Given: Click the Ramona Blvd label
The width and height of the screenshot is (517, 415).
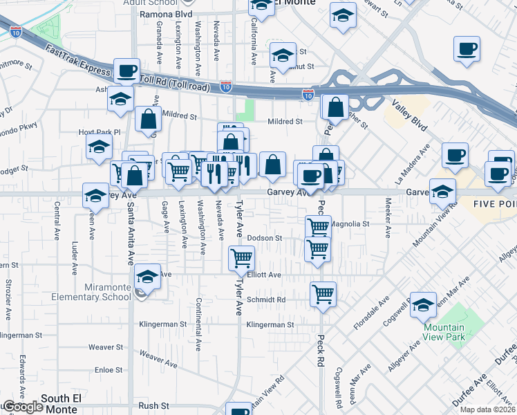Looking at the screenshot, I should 165,13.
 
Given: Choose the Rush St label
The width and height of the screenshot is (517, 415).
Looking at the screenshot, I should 154,405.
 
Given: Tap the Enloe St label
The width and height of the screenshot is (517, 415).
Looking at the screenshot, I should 109,370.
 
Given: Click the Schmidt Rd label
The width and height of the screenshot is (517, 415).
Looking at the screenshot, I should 266,300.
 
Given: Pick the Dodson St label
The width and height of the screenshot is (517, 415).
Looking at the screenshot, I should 264,238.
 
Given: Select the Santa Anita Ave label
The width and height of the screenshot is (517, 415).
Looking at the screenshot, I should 130,239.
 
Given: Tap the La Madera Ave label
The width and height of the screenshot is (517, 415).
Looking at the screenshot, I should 413,164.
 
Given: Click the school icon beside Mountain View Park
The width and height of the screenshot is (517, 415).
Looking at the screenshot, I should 423,305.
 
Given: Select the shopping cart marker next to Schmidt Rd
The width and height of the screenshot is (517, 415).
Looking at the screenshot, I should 323,294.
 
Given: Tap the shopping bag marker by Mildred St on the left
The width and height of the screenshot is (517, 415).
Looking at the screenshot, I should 148,119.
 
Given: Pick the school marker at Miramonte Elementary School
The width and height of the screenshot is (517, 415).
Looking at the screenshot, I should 147,277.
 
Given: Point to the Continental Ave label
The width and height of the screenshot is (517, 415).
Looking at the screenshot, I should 198,322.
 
